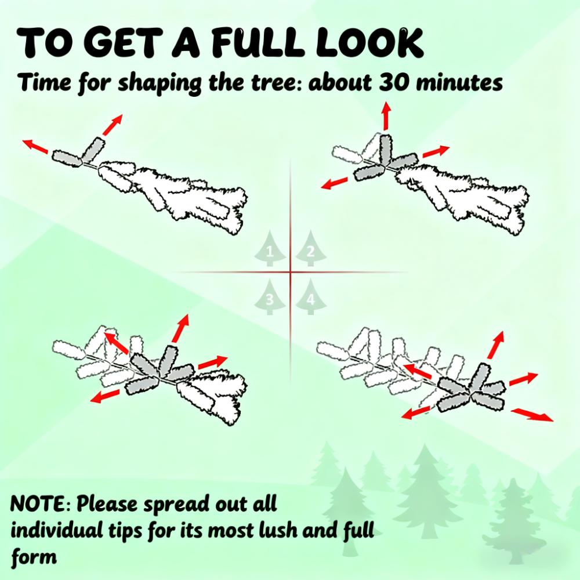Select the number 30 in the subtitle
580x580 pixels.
click(x=394, y=82)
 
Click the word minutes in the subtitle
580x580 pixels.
click(x=459, y=82)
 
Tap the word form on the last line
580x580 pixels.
click(x=34, y=557)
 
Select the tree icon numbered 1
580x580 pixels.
click(x=270, y=249)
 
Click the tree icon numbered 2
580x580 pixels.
click(x=311, y=249)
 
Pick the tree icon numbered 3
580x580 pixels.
click(x=270, y=297)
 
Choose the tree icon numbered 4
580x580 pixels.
click(x=311, y=297)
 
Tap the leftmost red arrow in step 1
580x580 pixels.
click(x=35, y=147)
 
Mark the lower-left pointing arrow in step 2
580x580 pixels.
click(x=335, y=183)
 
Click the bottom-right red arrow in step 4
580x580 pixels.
click(x=532, y=415)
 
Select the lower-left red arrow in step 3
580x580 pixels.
click(x=105, y=396)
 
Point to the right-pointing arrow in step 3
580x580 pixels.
click(x=213, y=362)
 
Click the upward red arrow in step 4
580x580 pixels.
click(x=496, y=345)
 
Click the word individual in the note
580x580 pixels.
click(x=57, y=530)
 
